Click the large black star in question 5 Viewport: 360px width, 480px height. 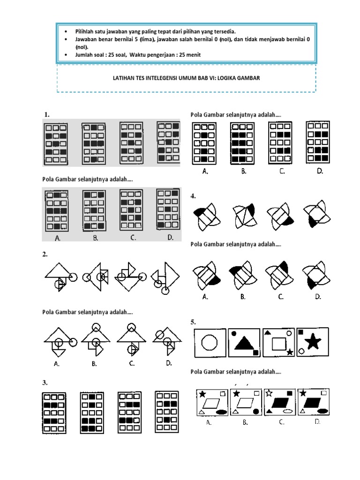pyautogui.click(x=312, y=342)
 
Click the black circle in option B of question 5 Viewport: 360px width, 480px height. pyautogui.click(x=256, y=412)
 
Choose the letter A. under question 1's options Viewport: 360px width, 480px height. pyautogui.click(x=58, y=238)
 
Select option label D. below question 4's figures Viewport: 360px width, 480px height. pyautogui.click(x=317, y=296)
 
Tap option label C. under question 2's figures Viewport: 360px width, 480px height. pyautogui.click(x=133, y=363)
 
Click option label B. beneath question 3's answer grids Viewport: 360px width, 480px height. pyautogui.click(x=244, y=172)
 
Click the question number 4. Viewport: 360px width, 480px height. pyautogui.click(x=193, y=196)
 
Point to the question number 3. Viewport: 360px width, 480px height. pyautogui.click(x=45, y=382)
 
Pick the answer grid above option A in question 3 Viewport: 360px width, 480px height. pyautogui.click(x=205, y=141)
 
